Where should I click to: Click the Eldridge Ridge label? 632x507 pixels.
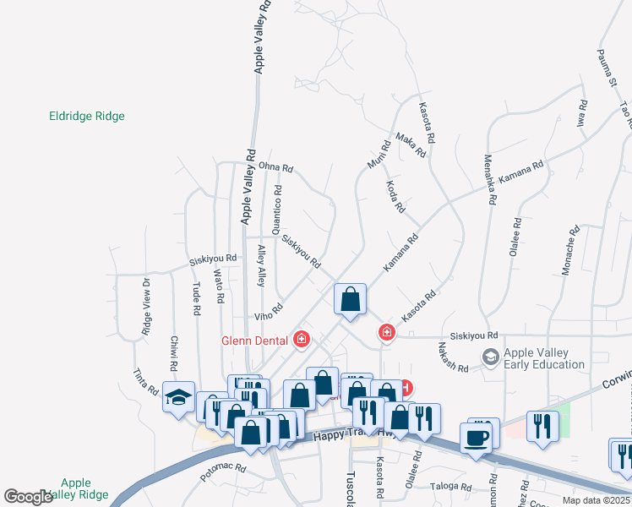point(87,117)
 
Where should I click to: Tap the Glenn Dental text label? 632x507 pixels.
point(256,341)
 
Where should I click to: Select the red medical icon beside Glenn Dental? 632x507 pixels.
point(302,341)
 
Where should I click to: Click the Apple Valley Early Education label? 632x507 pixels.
point(544,359)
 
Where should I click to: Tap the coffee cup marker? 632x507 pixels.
point(476,439)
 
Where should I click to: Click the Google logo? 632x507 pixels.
point(28,497)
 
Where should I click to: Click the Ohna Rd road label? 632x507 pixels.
point(275,167)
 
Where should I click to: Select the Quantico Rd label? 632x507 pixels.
point(276,207)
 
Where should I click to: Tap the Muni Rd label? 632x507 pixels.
point(379,151)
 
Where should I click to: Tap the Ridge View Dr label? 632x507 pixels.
point(146,307)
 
